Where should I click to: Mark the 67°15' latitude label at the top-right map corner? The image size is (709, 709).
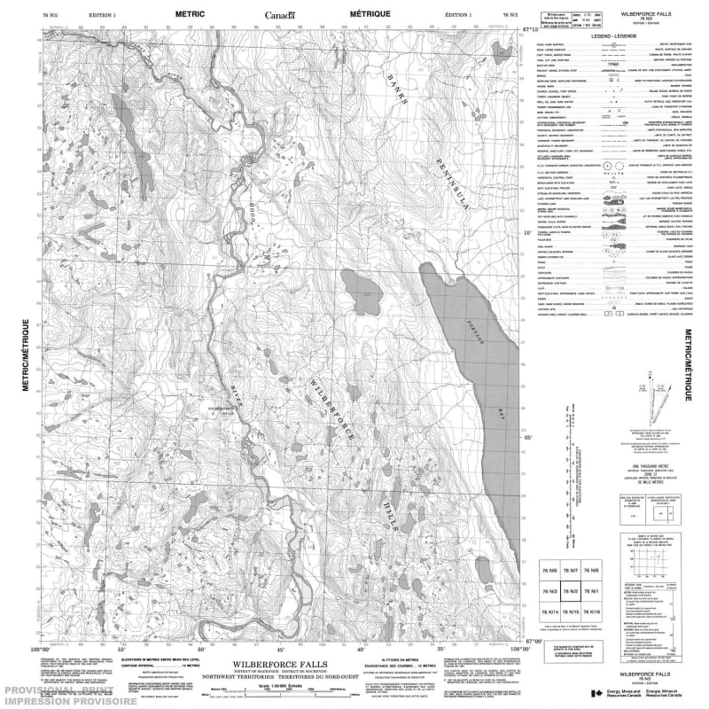(x=531, y=31)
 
